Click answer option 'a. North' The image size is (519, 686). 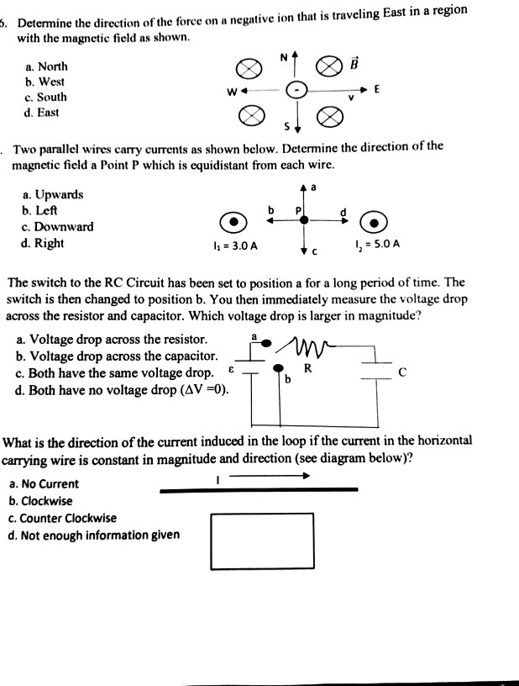(x=47, y=66)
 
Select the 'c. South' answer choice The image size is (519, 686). (x=46, y=98)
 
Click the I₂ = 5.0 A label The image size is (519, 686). (x=378, y=245)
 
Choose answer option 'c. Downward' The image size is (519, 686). (x=57, y=227)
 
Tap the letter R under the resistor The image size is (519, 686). (x=308, y=367)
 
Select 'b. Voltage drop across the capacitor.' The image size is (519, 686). (x=118, y=356)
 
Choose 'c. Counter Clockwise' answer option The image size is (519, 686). (x=63, y=518)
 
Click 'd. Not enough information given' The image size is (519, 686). (x=93, y=535)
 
